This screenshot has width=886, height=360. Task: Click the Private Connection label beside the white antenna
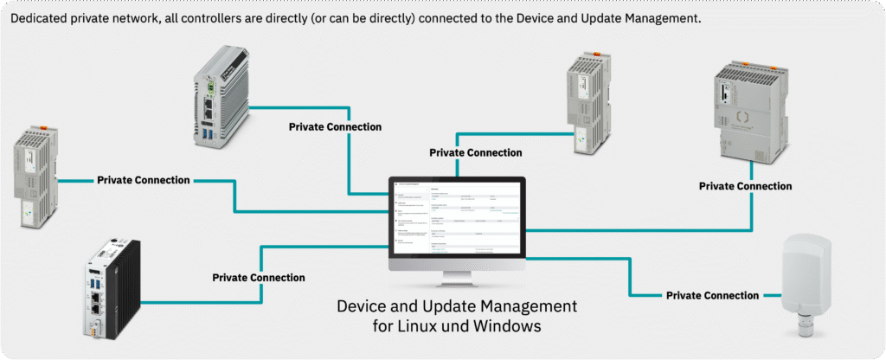(712, 296)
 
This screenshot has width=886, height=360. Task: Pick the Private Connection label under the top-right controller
(745, 186)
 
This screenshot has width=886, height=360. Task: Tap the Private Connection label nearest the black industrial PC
(259, 278)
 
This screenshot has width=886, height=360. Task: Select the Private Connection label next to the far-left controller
(144, 180)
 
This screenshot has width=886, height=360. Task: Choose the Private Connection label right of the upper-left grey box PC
(335, 127)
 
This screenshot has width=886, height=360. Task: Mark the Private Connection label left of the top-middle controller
(476, 152)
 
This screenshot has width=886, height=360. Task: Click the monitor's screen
(457, 218)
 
